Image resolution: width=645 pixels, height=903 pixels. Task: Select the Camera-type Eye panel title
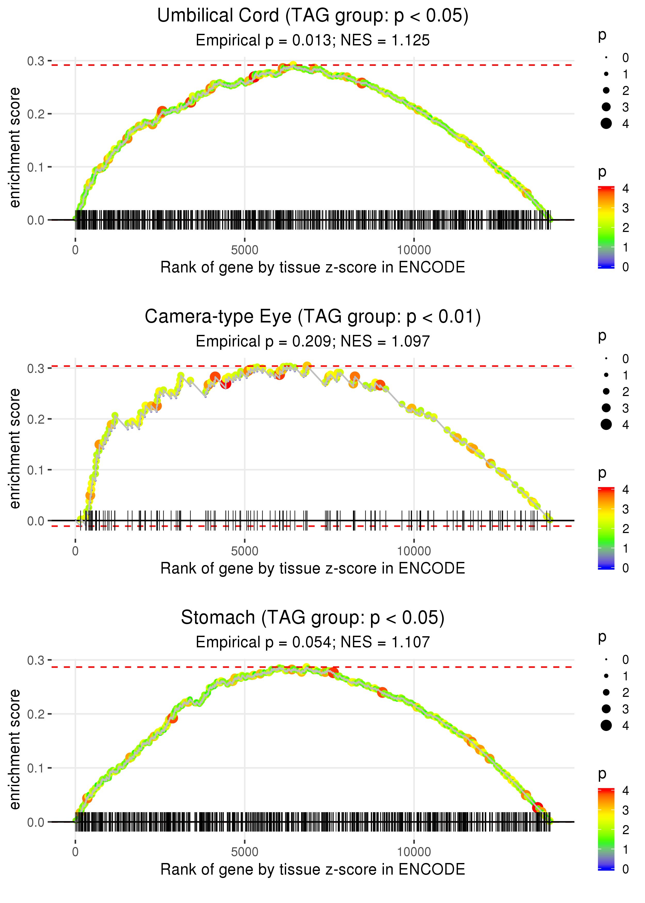pyautogui.click(x=313, y=317)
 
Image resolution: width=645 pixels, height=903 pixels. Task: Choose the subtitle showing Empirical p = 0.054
pyautogui.click(x=313, y=642)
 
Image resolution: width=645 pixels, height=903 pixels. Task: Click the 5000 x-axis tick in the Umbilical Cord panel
pyautogui.click(x=245, y=250)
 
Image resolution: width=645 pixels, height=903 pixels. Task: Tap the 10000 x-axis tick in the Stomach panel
pyautogui.click(x=414, y=852)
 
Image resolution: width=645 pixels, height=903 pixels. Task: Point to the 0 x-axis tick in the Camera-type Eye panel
pyautogui.click(x=75, y=551)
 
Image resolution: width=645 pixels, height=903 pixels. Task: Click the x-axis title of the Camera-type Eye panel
pyautogui.click(x=313, y=569)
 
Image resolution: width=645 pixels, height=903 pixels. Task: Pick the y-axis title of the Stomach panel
pyautogui.click(x=15, y=749)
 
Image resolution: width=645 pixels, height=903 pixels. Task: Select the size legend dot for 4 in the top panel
pyautogui.click(x=606, y=124)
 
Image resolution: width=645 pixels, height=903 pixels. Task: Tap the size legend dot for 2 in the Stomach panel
pyautogui.click(x=606, y=692)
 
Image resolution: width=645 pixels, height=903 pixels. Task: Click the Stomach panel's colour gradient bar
pyautogui.click(x=606, y=829)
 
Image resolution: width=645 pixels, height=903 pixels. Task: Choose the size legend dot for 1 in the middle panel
pyautogui.click(x=606, y=375)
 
